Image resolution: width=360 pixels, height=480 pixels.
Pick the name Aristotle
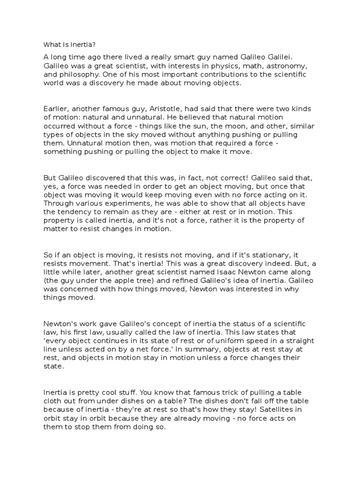click(x=146, y=109)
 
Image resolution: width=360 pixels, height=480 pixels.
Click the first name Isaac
click(x=249, y=272)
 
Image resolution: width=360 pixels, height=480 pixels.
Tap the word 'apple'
click(x=134, y=281)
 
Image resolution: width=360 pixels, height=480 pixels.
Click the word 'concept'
click(x=169, y=323)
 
